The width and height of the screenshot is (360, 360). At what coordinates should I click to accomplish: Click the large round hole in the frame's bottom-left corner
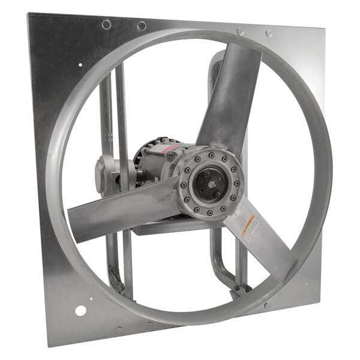point(80,310)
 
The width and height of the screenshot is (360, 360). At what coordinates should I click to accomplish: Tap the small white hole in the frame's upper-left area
point(80,65)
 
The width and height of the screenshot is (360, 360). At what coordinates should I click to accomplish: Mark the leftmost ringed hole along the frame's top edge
point(107,24)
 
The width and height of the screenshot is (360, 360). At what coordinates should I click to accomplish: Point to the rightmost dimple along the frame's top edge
point(269,33)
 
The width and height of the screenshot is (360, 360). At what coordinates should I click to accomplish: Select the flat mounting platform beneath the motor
point(162,227)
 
